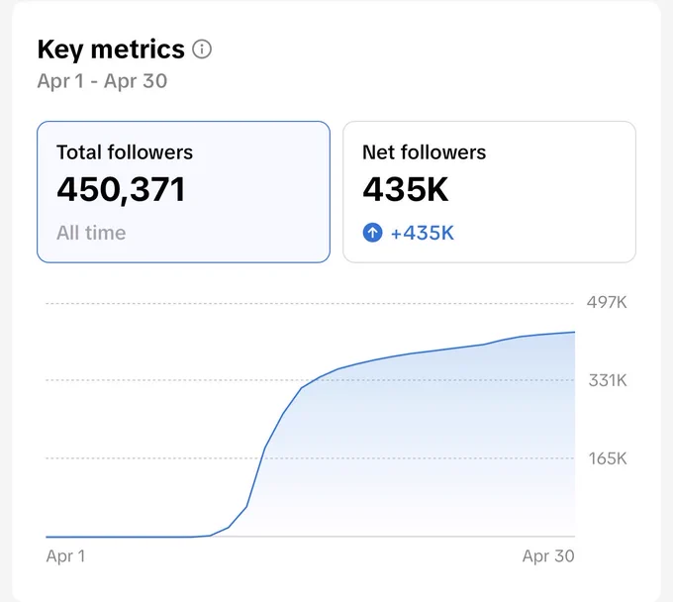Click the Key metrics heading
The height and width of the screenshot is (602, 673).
111,50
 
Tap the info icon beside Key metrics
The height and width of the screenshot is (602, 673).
202,49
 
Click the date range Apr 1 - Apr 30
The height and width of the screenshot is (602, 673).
102,81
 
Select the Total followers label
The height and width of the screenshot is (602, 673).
125,152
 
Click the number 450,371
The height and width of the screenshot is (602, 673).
121,190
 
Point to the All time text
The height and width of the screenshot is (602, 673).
91,233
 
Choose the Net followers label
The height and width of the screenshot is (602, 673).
424,152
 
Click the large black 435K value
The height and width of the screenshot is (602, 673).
406,189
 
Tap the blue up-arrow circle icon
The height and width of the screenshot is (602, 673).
372,233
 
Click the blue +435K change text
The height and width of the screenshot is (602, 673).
423,233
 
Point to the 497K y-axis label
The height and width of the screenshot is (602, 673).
607,303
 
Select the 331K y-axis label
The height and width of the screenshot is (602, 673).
608,380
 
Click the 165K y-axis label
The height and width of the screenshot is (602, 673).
608,458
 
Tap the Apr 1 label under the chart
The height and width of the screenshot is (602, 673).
65,556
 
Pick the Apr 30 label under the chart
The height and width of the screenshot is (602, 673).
548,556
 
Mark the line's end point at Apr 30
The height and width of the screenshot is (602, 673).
575,332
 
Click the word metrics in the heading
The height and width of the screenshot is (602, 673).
138,50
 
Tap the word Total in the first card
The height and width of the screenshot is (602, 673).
80,152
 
